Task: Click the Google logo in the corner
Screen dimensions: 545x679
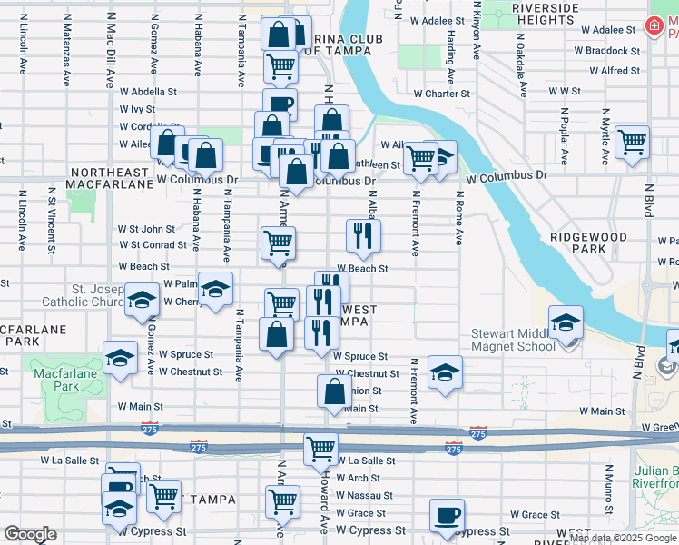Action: [x=30, y=534]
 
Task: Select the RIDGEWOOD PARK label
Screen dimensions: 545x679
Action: [x=588, y=243]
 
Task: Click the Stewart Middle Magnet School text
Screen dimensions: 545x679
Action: [x=513, y=340]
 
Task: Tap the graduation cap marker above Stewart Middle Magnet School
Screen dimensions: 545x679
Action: [x=566, y=322]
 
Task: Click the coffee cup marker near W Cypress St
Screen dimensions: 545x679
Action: [x=445, y=515]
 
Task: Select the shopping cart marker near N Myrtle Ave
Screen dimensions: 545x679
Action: [x=632, y=142]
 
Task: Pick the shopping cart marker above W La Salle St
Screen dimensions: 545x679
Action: [x=320, y=448]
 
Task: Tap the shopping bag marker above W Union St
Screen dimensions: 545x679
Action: [x=334, y=391]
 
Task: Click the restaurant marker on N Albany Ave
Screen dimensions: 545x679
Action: [x=363, y=235]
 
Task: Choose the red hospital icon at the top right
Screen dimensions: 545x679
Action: [x=652, y=27]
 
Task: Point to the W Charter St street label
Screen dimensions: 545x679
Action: [x=441, y=93]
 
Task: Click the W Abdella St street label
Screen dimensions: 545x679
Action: [x=148, y=92]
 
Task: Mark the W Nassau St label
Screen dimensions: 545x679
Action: [x=364, y=496]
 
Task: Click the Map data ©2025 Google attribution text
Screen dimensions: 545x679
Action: [x=622, y=539]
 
